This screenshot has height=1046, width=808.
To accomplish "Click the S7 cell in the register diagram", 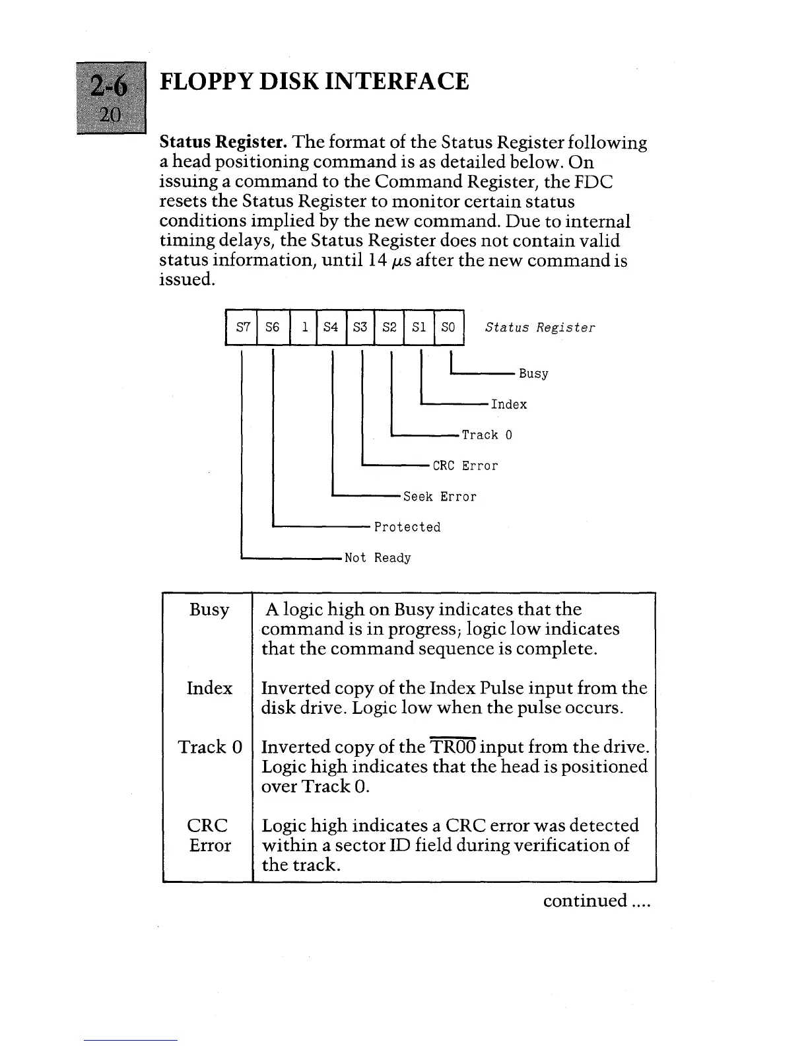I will [x=242, y=328].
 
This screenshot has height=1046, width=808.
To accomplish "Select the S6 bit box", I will [x=272, y=328].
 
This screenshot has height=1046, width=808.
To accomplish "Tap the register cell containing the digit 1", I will [x=303, y=328].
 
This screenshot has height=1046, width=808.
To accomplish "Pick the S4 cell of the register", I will [x=331, y=328].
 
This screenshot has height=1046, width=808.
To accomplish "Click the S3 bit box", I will [x=360, y=328].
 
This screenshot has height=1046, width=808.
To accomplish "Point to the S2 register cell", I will [x=389, y=328].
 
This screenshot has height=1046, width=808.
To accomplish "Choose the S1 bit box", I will [x=419, y=328].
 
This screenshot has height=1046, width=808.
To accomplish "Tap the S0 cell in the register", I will [x=448, y=328].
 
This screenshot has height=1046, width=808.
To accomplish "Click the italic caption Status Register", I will [x=539, y=328].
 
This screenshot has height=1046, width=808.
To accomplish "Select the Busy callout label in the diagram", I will [x=533, y=374].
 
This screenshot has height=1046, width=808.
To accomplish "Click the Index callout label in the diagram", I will [x=508, y=405].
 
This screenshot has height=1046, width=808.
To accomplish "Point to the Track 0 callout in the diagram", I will [x=487, y=435].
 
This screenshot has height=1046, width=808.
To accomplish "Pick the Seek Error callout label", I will [x=439, y=497].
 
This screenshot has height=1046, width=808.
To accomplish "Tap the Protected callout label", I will [x=407, y=528].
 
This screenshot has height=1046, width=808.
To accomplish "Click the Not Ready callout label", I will [x=378, y=559].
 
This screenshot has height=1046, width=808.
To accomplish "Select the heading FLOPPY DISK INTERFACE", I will [x=314, y=81].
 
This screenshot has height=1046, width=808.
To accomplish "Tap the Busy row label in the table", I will [x=209, y=610].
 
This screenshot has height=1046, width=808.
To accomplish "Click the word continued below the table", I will [x=584, y=900].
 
